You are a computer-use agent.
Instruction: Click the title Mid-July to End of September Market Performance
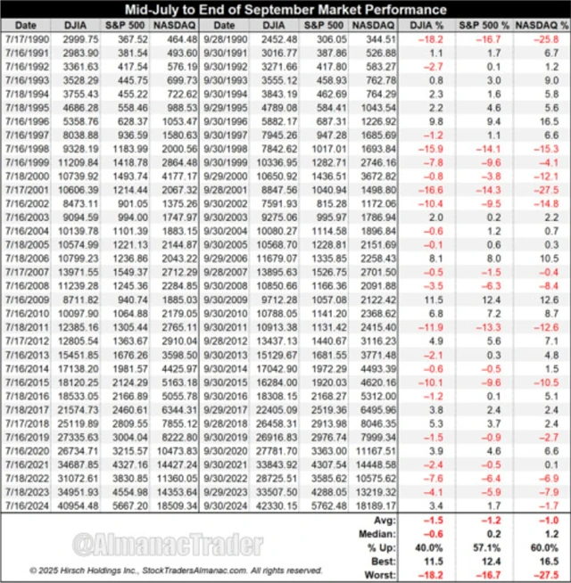tap(285, 11)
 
